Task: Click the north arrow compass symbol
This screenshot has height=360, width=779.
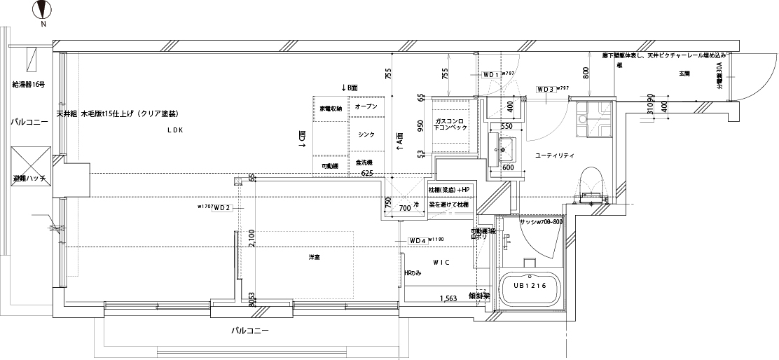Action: (x=43, y=11)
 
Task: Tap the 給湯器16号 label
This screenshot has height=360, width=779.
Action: (x=29, y=85)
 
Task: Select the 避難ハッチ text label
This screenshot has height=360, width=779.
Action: (x=29, y=179)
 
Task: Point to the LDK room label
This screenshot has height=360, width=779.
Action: (x=174, y=130)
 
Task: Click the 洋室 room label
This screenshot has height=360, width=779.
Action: (x=315, y=258)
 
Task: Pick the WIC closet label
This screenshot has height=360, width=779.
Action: (x=441, y=262)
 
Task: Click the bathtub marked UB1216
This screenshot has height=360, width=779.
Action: (x=529, y=289)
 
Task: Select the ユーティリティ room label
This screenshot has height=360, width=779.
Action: (x=554, y=155)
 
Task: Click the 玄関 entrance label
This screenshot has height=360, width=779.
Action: (x=684, y=73)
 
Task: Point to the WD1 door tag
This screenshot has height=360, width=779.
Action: (x=490, y=74)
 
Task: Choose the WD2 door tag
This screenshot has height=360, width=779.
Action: (x=222, y=207)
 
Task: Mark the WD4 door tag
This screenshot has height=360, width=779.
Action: (x=418, y=240)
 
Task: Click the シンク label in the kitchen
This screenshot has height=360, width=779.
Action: (x=365, y=134)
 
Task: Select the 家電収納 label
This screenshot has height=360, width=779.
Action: (x=331, y=109)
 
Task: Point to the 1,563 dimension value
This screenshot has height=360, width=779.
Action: (x=449, y=298)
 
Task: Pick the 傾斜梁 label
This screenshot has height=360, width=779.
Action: (x=480, y=296)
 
